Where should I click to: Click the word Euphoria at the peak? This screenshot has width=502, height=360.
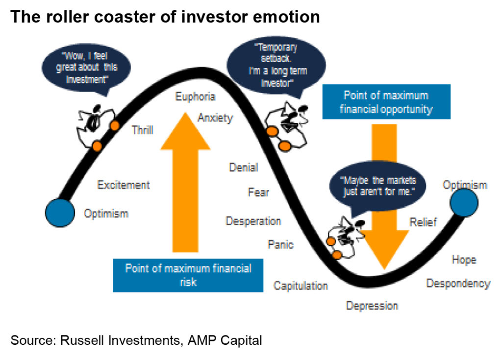click(195, 96)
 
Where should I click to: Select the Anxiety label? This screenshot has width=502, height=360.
click(215, 118)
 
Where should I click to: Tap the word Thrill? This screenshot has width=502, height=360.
click(143, 130)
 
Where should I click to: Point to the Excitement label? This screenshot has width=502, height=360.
click(124, 185)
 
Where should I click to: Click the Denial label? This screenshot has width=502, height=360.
click(244, 168)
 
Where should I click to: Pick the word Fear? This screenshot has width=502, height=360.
click(258, 192)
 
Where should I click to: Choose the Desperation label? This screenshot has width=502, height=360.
click(253, 221)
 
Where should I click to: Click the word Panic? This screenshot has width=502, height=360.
click(280, 245)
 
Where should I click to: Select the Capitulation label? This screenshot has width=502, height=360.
click(301, 286)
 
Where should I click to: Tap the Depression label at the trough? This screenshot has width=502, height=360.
click(372, 306)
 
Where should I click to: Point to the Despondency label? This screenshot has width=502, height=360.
click(458, 284)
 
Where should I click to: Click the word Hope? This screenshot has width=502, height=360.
click(464, 260)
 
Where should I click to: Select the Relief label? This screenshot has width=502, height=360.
click(423, 222)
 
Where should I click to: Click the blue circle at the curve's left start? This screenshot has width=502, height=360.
click(60, 213)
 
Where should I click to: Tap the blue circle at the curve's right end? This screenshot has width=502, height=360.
click(464, 203)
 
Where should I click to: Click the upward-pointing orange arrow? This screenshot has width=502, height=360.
click(185, 182)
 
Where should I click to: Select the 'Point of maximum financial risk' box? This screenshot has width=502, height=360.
click(188, 275)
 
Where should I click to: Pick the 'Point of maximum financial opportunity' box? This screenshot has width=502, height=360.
click(386, 102)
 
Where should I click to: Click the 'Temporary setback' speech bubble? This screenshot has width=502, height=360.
click(276, 66)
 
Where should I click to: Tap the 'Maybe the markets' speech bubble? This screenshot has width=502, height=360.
click(378, 186)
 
